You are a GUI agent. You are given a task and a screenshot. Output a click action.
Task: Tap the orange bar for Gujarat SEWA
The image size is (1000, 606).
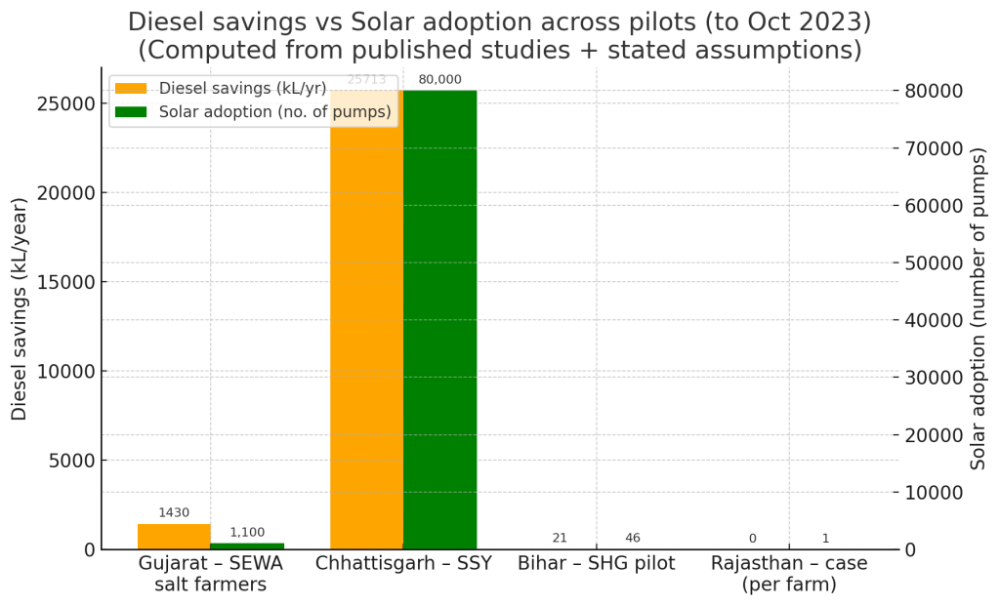[174, 537]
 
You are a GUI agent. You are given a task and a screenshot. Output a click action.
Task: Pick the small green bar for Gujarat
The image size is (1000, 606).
[247, 545]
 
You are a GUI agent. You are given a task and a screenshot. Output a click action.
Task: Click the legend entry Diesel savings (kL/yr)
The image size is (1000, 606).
[242, 89]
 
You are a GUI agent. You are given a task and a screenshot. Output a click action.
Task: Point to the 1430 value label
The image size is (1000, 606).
[174, 512]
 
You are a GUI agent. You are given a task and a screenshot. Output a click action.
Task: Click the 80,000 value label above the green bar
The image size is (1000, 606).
[439, 80]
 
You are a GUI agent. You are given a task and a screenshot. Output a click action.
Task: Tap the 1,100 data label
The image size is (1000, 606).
[247, 532]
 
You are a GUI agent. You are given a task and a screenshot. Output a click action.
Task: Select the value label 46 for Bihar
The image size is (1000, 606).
[633, 538]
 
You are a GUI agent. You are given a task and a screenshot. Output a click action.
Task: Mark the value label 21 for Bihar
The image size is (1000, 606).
[560, 538]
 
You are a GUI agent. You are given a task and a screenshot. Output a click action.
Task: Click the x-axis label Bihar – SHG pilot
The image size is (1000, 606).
[596, 564]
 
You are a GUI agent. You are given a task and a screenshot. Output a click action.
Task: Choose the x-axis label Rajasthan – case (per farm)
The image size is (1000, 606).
[788, 574]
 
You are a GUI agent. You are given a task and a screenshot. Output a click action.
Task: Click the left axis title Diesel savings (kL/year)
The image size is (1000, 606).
[20, 308]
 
